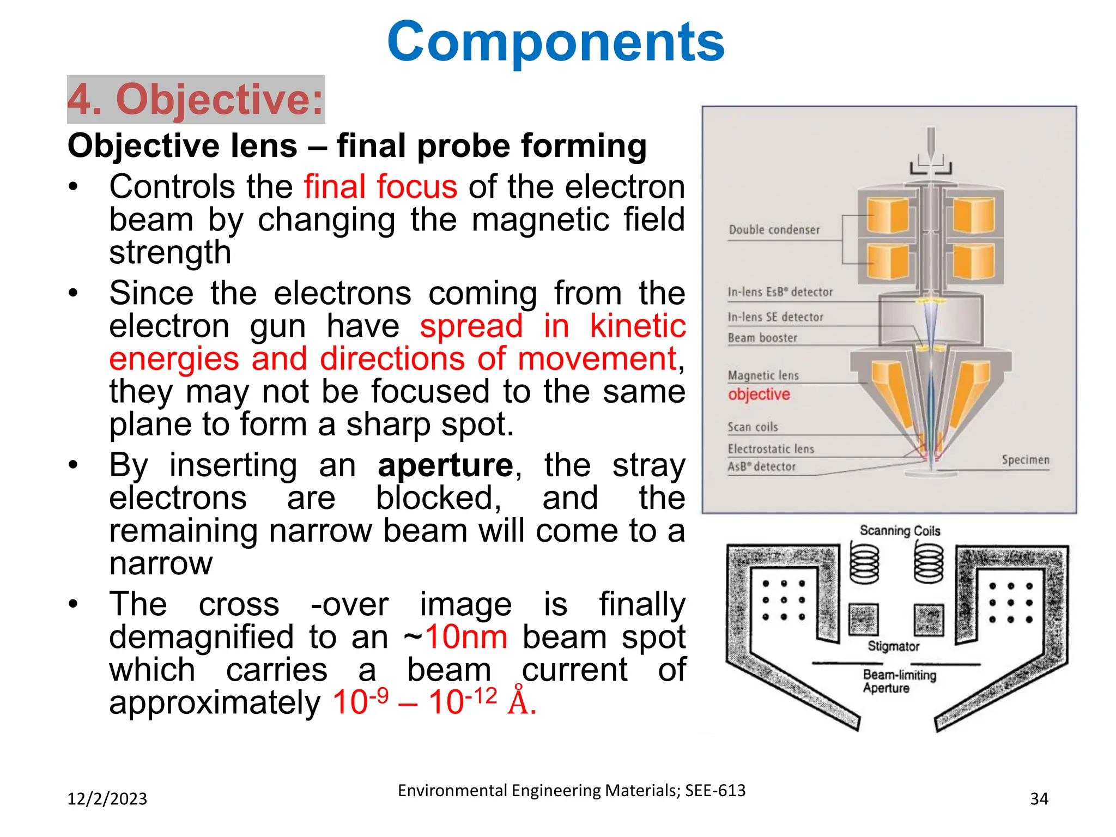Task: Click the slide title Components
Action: pyautogui.click(x=555, y=42)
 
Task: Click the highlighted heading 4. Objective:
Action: pyautogui.click(x=196, y=100)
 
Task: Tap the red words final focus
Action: pyautogui.click(x=380, y=187)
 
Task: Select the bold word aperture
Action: pyautogui.click(x=445, y=466)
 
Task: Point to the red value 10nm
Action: pyautogui.click(x=466, y=637)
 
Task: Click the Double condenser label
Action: pyautogui.click(x=774, y=230)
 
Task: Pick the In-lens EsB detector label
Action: pyautogui.click(x=780, y=292)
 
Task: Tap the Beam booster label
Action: pyautogui.click(x=762, y=338)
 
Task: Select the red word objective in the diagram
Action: pyautogui.click(x=759, y=394)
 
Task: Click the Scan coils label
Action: pyautogui.click(x=753, y=427)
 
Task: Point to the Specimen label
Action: pyautogui.click(x=1025, y=460)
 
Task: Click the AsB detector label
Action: pyautogui.click(x=761, y=467)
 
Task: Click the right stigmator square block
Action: pyautogui.click(x=929, y=620)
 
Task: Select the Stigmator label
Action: pyautogui.click(x=893, y=646)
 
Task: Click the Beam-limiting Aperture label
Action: pyautogui.click(x=899, y=681)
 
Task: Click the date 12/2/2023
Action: pyautogui.click(x=107, y=799)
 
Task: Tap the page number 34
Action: pyautogui.click(x=1039, y=799)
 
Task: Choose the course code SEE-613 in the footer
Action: pyautogui.click(x=715, y=791)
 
